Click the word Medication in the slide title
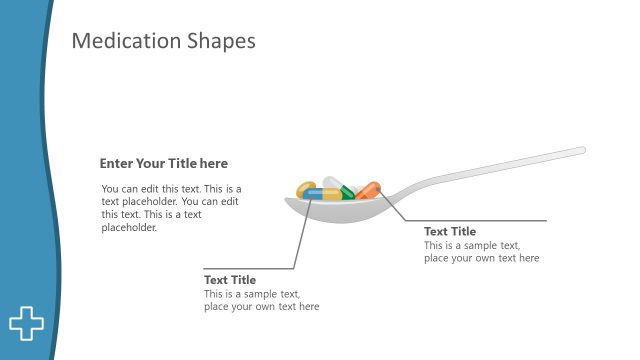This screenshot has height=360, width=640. point(126,41)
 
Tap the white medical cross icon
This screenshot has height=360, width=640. point(27,323)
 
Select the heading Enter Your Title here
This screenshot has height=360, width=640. point(163,164)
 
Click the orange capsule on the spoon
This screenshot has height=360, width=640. point(368,190)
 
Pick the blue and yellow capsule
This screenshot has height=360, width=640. point(322,194)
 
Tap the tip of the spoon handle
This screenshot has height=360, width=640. point(581,151)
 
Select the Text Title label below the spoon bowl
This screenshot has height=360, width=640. point(230,280)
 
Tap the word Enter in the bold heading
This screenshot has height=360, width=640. point(116,164)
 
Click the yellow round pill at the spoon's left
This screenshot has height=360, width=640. point(305,187)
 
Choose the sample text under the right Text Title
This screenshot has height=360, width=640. point(481,252)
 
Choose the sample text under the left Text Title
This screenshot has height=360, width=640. point(261,300)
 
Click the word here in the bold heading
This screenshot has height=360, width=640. point(214,164)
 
